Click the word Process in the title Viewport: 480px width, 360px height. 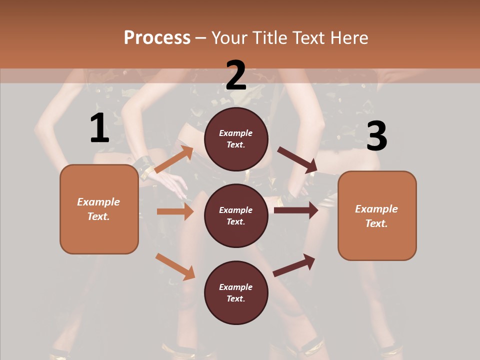pos(157,37)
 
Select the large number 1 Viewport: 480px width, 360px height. pos(99,128)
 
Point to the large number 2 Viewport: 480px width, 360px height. pos(236,75)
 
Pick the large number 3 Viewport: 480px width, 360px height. pos(376,136)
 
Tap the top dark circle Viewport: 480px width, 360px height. pos(236,139)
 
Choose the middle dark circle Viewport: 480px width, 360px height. pos(236,216)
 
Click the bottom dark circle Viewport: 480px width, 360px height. pos(236,293)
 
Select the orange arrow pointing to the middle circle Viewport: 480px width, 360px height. pos(175,211)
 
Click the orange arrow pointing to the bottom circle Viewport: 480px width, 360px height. pos(175,266)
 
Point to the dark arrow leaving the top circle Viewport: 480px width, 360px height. pos(297,159)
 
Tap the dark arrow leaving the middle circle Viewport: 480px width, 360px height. pos(296,210)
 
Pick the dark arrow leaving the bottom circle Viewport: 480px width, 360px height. pos(294,265)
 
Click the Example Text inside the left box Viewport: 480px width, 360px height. pos(98,209)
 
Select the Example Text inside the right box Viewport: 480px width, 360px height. pos(376,216)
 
